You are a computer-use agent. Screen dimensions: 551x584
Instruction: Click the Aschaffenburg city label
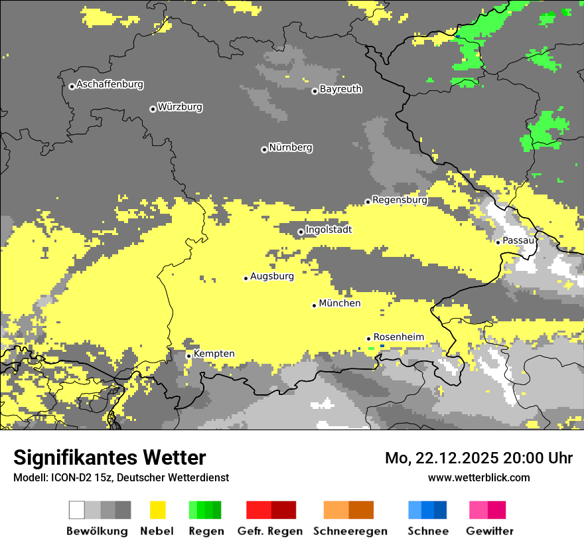point(110,84)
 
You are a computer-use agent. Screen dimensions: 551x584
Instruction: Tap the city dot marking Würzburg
point(153,109)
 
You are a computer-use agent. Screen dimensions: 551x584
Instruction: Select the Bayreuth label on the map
point(340,89)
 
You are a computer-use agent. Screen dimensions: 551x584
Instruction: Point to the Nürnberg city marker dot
point(264,149)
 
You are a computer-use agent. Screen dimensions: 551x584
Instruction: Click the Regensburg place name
point(400,200)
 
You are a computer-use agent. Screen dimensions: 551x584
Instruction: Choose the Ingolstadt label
point(328,230)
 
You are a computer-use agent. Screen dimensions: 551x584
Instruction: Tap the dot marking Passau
point(498,242)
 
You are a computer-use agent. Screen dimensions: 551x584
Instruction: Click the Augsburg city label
point(272,276)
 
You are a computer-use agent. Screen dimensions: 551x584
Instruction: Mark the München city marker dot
point(314,305)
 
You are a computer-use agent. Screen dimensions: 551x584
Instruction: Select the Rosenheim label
point(398,337)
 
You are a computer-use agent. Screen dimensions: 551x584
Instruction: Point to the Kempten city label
point(214,354)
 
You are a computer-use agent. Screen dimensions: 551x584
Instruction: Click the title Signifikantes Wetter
point(110,458)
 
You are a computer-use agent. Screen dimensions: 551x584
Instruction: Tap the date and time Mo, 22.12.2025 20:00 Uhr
point(478,458)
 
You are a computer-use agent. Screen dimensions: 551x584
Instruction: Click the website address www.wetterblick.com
point(478,477)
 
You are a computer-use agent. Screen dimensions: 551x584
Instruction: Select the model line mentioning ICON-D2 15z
point(121,477)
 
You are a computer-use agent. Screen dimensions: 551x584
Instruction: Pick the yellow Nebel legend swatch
point(157,510)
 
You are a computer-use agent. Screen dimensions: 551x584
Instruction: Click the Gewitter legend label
point(489,531)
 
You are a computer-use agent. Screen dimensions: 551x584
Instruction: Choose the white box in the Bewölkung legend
point(77,510)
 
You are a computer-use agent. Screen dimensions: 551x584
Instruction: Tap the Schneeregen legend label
point(350,531)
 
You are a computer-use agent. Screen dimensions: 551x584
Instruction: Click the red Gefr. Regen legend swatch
point(258,510)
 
